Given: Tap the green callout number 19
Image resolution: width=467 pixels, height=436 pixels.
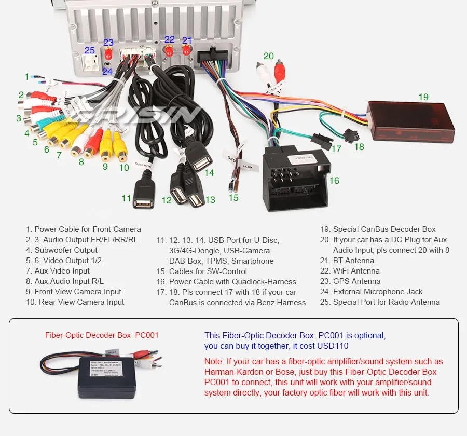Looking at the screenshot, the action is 423,97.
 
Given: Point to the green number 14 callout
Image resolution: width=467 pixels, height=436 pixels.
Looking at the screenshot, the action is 209,173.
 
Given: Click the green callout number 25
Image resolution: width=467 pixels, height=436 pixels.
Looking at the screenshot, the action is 90,50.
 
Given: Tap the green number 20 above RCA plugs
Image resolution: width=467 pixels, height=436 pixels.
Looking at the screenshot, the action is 268,56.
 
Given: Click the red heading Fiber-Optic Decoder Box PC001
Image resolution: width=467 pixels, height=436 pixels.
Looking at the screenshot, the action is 102,335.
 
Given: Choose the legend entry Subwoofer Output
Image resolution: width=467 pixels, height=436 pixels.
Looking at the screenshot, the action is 62,250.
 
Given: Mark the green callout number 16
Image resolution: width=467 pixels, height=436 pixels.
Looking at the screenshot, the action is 334,180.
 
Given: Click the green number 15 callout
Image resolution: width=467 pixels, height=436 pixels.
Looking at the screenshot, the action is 233,197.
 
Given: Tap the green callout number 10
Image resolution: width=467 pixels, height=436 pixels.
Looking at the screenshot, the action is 124,168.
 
